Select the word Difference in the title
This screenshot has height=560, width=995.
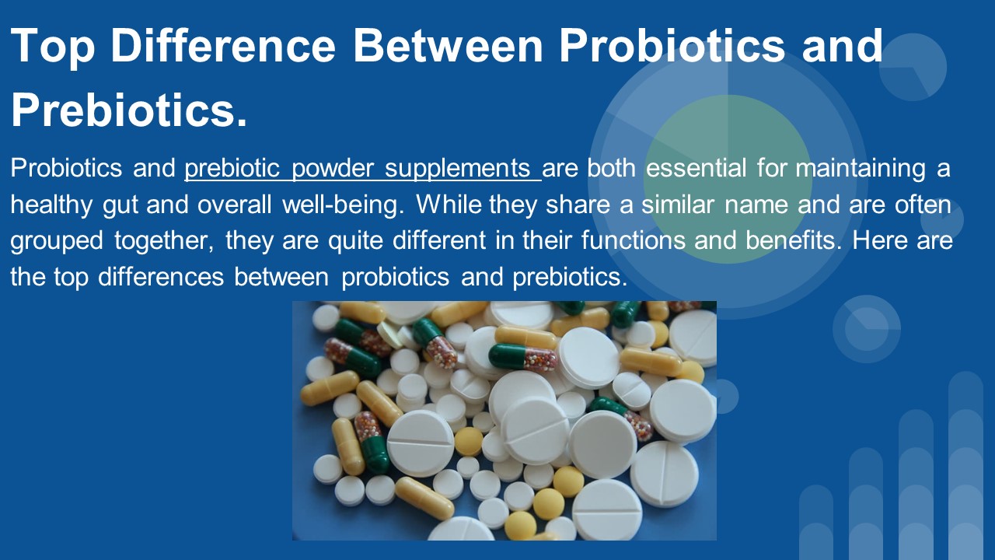point(223,46)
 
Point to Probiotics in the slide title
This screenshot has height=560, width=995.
point(672,46)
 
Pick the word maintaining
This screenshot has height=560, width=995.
point(861,169)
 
